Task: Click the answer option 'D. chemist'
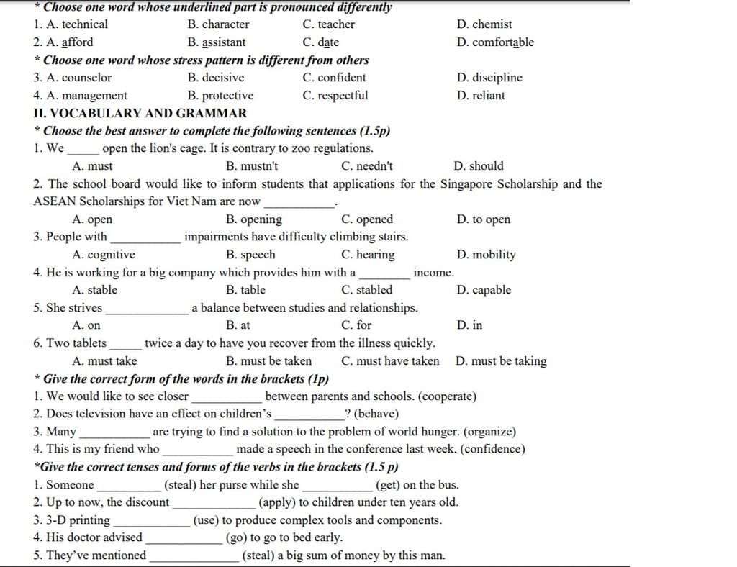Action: click(x=484, y=24)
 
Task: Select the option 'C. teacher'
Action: click(x=328, y=24)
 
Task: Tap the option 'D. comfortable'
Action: click(x=495, y=42)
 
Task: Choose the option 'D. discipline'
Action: click(x=489, y=78)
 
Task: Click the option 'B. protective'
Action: click(x=220, y=96)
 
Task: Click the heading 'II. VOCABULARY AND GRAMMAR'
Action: click(x=140, y=113)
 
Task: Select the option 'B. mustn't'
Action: click(x=252, y=166)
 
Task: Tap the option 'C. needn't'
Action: click(x=367, y=166)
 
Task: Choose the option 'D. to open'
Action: click(x=483, y=219)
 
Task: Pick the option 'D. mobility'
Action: click(x=486, y=255)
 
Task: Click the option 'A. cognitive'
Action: click(x=104, y=255)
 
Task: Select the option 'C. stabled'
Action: click(x=367, y=290)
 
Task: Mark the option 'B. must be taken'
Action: click(x=268, y=361)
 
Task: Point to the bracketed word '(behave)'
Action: click(x=376, y=414)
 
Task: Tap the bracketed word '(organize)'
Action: click(x=489, y=432)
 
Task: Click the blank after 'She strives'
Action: click(x=147, y=309)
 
